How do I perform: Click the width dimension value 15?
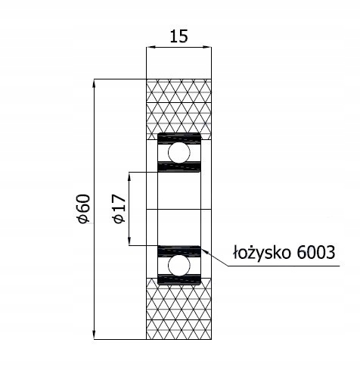click(x=179, y=35)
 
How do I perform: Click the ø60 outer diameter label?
click(x=83, y=209)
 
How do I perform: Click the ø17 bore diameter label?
click(x=117, y=209)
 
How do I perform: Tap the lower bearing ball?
click(x=179, y=264)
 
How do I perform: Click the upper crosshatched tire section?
click(x=179, y=107)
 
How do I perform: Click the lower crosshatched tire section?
click(x=179, y=311)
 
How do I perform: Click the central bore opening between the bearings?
click(x=179, y=209)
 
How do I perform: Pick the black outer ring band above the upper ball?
click(x=179, y=138)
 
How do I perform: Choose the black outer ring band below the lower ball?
click(x=179, y=279)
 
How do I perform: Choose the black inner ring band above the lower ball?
click(x=179, y=249)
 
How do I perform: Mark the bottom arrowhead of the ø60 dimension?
click(x=93, y=335)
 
